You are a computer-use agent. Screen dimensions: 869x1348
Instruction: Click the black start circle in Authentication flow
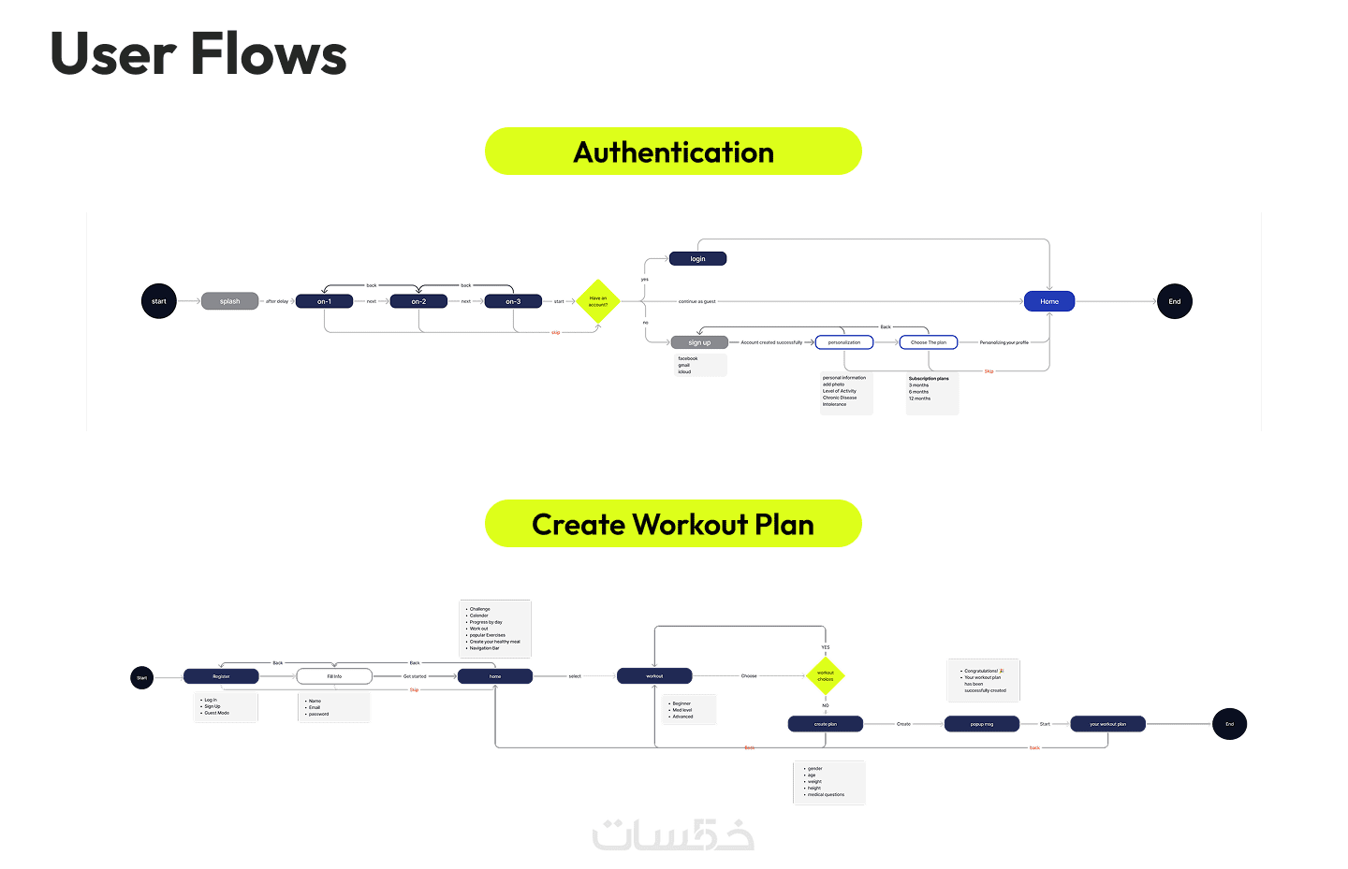(x=159, y=301)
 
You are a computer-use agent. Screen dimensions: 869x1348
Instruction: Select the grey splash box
(x=229, y=301)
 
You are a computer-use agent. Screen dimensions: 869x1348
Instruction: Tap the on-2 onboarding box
(x=418, y=301)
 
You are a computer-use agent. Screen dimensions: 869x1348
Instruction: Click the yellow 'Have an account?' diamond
(x=598, y=301)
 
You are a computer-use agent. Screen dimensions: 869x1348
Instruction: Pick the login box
(x=697, y=259)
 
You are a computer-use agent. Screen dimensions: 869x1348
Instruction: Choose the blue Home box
(x=1049, y=301)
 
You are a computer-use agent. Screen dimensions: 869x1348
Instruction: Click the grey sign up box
(x=699, y=342)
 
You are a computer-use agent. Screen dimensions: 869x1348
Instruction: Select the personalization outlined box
(x=844, y=342)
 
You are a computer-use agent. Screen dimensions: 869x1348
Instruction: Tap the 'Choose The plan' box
(x=929, y=342)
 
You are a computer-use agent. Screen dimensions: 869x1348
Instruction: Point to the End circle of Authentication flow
(x=1174, y=301)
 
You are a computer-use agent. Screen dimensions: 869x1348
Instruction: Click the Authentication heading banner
(x=673, y=152)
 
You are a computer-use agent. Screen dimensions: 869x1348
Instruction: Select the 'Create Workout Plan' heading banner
(x=673, y=524)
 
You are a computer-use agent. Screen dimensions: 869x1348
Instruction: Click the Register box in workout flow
(x=221, y=676)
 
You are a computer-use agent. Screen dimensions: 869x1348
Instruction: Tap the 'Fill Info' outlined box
(x=334, y=676)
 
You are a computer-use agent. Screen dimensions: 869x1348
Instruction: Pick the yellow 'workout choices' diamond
(x=826, y=675)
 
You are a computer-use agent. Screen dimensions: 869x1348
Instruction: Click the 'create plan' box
(x=826, y=724)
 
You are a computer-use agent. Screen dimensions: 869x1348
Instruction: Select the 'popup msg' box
(x=982, y=724)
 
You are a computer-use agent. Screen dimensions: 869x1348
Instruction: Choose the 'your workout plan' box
(x=1107, y=724)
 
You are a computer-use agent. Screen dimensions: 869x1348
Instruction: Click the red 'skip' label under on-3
(x=555, y=332)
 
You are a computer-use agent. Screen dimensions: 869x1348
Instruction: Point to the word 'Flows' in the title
(x=270, y=54)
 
